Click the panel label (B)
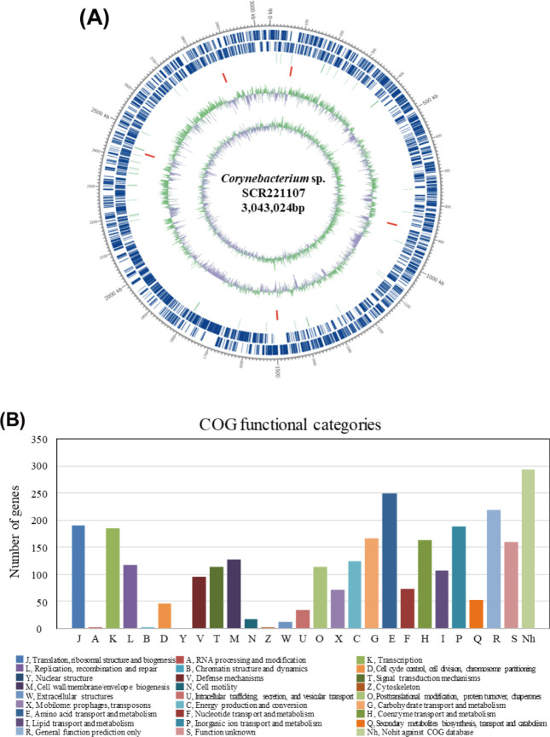pos(25,398)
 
